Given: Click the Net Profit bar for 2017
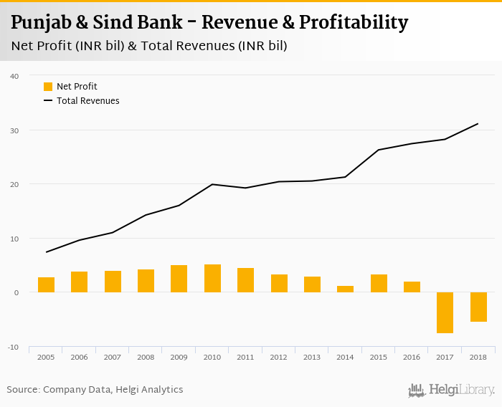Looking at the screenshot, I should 445,312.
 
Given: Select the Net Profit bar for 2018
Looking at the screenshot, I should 478,307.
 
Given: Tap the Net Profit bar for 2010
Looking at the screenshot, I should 212,278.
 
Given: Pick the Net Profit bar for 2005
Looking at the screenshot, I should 47,284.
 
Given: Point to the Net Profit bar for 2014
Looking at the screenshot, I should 346,289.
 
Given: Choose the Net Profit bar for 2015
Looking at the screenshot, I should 379,283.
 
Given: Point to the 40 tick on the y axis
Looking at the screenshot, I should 14,76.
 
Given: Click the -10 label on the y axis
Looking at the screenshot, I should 14,347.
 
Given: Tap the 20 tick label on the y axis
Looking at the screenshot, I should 14,184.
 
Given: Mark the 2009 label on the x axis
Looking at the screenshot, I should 179,357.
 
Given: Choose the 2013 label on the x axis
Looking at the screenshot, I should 312,357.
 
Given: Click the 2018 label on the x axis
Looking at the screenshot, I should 478,357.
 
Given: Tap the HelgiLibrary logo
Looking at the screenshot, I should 451,390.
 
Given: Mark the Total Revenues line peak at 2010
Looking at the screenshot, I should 212,184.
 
